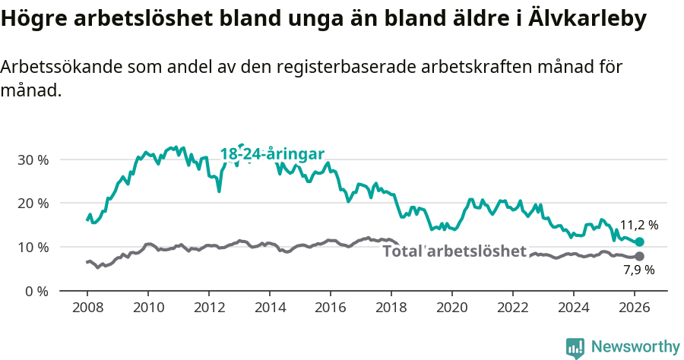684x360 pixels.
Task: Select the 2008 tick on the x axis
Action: point(87,308)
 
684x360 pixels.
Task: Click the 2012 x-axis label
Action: point(209,308)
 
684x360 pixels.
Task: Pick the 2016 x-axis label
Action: point(331,308)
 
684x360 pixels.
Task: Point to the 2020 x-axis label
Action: point(452,308)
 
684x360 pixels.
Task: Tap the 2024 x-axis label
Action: point(574,308)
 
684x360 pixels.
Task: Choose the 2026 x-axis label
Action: point(635,308)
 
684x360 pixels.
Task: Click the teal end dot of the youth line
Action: point(640,242)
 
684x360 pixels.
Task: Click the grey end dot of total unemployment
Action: point(640,256)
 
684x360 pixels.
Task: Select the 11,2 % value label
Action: point(639,226)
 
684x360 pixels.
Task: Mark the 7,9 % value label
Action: point(639,270)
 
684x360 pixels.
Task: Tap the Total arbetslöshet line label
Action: point(454,251)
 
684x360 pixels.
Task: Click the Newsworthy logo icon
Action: point(575,348)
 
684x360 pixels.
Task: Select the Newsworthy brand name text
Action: point(635,347)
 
